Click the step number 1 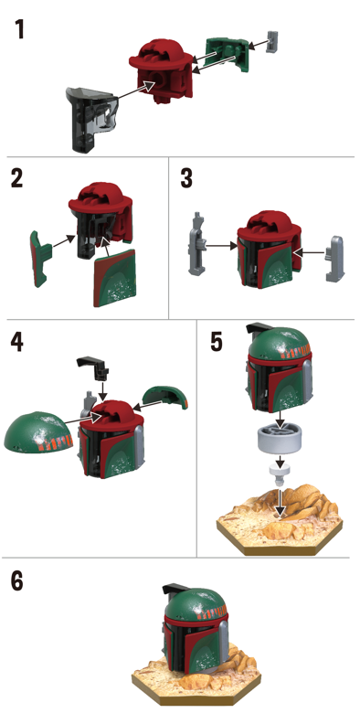coord(19,29)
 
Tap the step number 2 coord(16,178)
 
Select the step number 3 coord(186,178)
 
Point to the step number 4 coord(16,342)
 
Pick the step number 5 coord(217,342)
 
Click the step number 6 coord(16,580)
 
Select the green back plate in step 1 coord(228,56)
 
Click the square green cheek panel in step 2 coord(115,278)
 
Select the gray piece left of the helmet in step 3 coord(196,243)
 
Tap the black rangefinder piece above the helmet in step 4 coord(93,367)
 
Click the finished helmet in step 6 coord(196,630)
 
